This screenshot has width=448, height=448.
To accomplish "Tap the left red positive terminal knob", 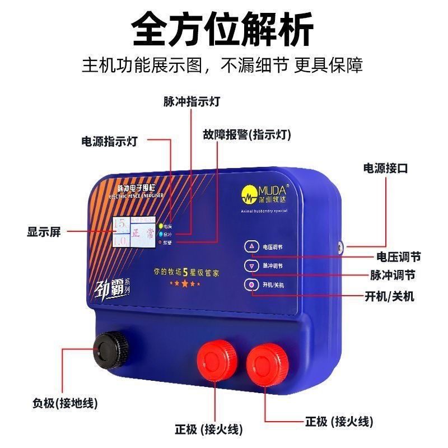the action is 214,359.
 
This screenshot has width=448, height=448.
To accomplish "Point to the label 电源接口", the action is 386,167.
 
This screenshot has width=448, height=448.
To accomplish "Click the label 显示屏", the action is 44,232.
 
